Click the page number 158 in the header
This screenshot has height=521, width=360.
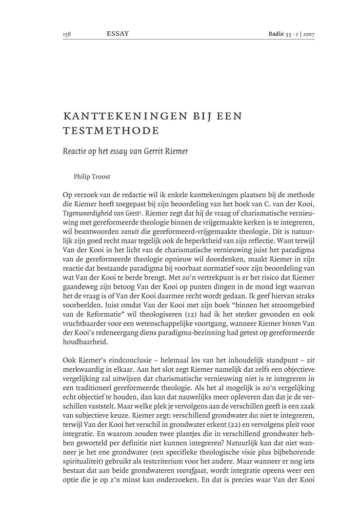point(67,34)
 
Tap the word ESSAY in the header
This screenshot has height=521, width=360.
point(118,34)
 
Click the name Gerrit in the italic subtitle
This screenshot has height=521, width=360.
point(157,151)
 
